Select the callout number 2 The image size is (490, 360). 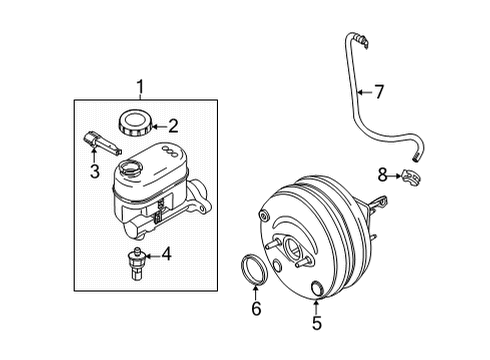click(x=172, y=126)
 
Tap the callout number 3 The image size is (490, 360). click(x=94, y=172)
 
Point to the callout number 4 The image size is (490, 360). click(x=166, y=254)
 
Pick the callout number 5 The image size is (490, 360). click(x=317, y=323)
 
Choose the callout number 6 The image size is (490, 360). click(x=256, y=310)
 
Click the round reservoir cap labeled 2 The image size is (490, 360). click(x=133, y=125)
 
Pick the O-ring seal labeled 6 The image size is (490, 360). click(x=257, y=273)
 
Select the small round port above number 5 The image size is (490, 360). click(x=317, y=290)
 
